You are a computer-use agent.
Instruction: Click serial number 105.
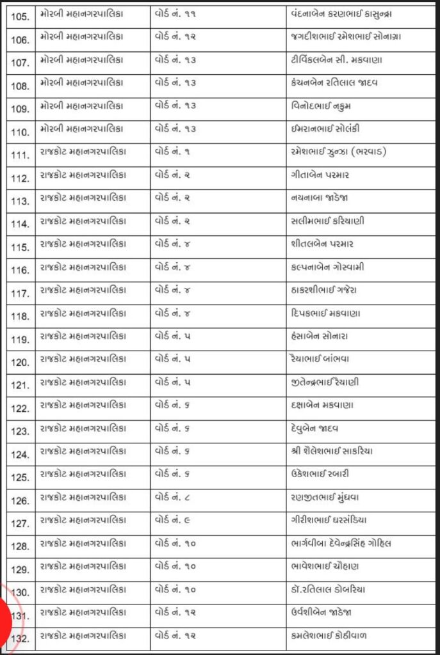pyautogui.click(x=20, y=17)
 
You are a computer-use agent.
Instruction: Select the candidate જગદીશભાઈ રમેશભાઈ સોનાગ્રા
pyautogui.click(x=345, y=36)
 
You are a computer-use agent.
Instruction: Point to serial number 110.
pyautogui.click(x=20, y=132)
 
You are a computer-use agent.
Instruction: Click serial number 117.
pyautogui.click(x=20, y=293)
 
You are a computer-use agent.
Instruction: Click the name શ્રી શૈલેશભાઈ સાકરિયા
pyautogui.click(x=331, y=451)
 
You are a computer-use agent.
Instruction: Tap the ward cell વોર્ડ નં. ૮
pyautogui.click(x=174, y=497)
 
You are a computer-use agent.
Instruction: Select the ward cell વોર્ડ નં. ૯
pyautogui.click(x=174, y=520)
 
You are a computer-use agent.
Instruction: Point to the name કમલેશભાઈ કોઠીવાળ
pyautogui.click(x=329, y=635)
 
